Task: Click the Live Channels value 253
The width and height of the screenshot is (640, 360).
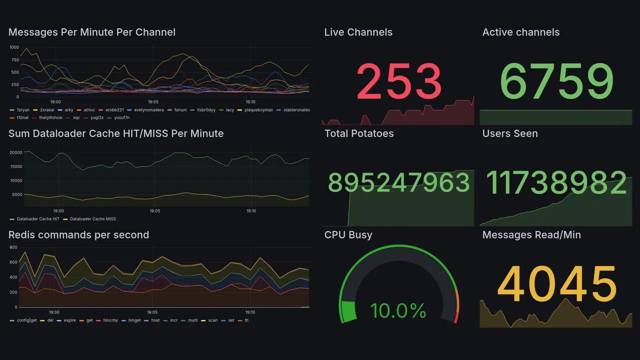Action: tap(398, 81)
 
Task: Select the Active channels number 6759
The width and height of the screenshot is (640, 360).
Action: tap(556, 81)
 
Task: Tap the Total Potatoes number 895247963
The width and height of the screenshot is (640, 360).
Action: tap(398, 183)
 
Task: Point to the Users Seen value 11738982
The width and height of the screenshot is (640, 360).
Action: tap(556, 183)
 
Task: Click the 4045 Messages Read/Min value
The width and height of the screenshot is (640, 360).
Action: tap(556, 284)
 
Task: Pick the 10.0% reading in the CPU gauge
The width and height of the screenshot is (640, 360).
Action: tap(398, 310)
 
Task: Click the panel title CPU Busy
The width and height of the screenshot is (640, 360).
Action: tap(348, 235)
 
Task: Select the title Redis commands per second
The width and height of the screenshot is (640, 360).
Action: tap(78, 235)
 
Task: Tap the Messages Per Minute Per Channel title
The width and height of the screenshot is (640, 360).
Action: tap(92, 32)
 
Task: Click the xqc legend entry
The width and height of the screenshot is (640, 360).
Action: tap(76, 117)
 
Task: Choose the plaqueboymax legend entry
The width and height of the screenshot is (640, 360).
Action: tap(258, 109)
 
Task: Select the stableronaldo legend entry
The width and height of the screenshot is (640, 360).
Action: tap(296, 109)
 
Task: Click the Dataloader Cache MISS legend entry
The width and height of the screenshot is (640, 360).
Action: tap(92, 219)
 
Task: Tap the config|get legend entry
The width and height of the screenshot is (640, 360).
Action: tap(26, 320)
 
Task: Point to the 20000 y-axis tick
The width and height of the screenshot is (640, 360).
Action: tap(16, 152)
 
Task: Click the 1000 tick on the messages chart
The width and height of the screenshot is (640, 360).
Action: tap(14, 47)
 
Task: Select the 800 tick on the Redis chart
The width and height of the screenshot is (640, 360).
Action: tap(13, 247)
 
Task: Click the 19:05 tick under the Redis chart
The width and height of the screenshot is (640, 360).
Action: tap(152, 312)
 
